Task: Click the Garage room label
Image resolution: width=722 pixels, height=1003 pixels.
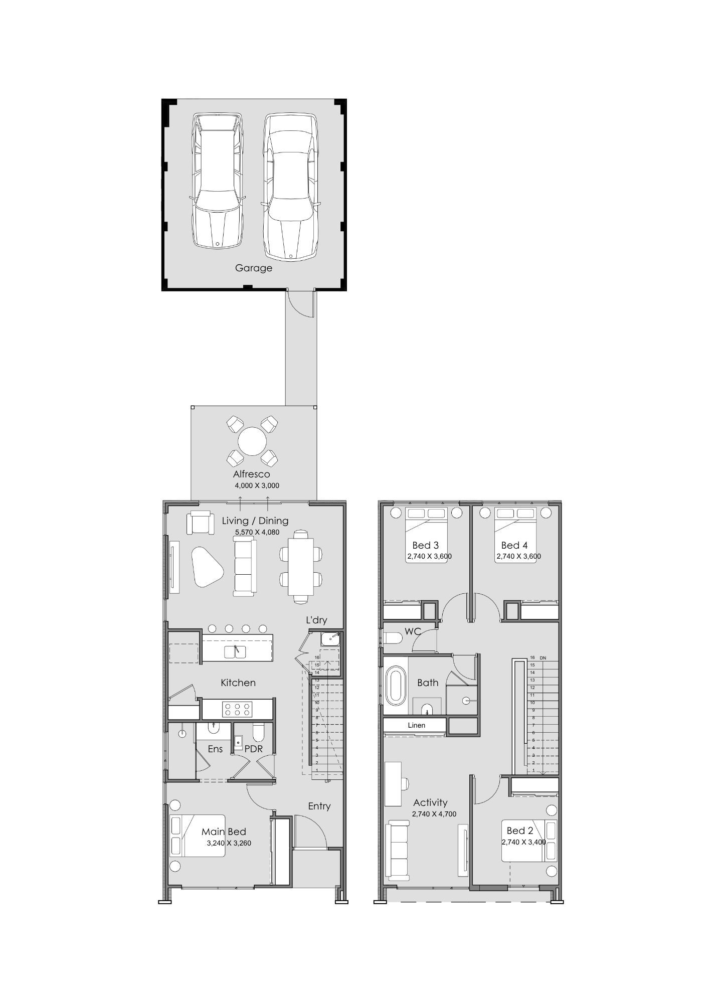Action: click(x=254, y=268)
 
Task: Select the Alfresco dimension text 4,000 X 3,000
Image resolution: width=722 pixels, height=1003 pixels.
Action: click(x=257, y=485)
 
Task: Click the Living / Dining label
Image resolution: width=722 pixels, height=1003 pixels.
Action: click(x=255, y=521)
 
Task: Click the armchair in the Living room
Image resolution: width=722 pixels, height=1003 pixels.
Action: click(x=200, y=523)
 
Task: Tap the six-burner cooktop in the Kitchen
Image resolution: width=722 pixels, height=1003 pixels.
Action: click(x=238, y=709)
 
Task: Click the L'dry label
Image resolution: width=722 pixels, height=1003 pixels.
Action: click(x=316, y=620)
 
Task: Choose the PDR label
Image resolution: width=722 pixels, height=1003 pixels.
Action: click(x=253, y=749)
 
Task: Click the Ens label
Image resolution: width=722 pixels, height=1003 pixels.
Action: click(x=215, y=749)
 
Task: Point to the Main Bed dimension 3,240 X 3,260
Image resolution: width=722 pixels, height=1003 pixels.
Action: click(x=229, y=843)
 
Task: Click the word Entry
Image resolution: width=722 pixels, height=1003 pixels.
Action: click(x=319, y=806)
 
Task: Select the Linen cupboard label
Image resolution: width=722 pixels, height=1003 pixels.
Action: click(x=416, y=725)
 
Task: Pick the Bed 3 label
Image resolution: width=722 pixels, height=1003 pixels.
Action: click(x=425, y=545)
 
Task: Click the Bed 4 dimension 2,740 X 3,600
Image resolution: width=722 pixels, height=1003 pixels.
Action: click(x=518, y=556)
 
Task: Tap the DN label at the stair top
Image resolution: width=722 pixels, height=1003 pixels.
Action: click(x=543, y=657)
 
